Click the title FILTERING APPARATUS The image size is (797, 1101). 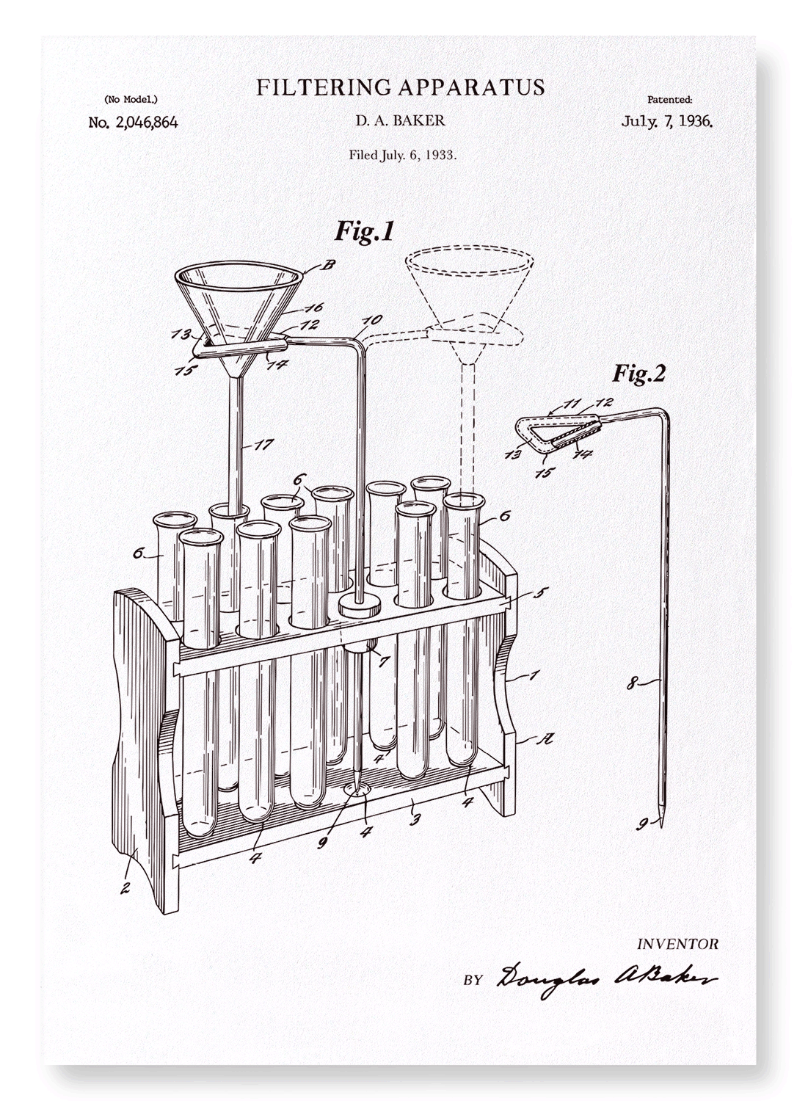click(401, 87)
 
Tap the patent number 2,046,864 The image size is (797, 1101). click(147, 123)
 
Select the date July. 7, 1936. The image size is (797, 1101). click(667, 121)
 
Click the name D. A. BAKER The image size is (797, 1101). click(401, 120)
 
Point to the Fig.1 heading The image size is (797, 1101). click(364, 231)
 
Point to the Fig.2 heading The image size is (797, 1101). click(638, 374)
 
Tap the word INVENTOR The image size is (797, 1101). click(677, 944)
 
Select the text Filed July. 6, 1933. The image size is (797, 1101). click(403, 156)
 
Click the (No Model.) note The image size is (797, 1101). click(131, 99)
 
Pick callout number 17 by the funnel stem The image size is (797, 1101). click(264, 445)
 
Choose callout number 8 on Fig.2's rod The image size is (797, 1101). click(634, 683)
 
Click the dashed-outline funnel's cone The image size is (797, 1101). click(469, 305)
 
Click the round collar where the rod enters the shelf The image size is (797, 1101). click(360, 608)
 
